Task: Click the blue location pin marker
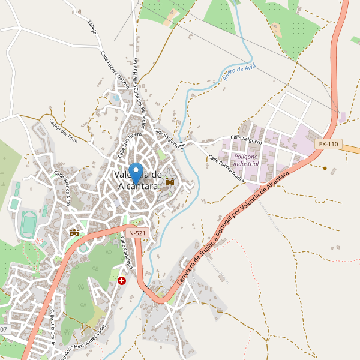point(136,172)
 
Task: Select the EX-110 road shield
point(328,144)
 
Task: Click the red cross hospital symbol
point(122,280)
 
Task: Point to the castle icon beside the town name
point(170,182)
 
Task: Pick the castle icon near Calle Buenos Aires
point(74,232)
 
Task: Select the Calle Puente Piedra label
point(226,169)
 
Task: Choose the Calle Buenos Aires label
point(66,188)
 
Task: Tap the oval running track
point(28,223)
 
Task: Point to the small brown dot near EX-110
point(325,168)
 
